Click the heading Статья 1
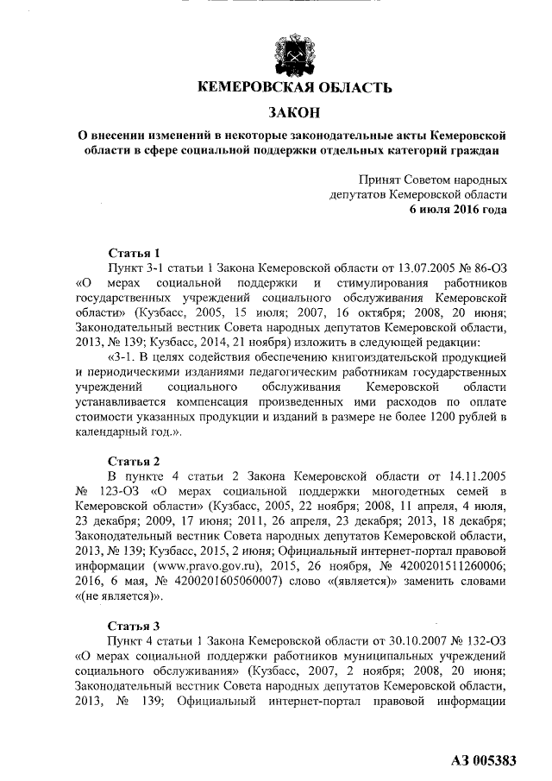tap(134, 253)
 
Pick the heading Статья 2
tap(134, 460)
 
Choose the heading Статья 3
tap(134, 625)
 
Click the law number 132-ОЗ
tap(480, 640)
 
